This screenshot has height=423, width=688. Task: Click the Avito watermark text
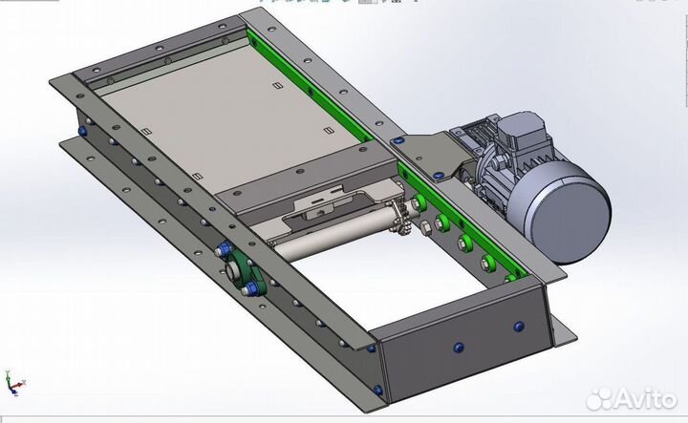pyautogui.click(x=645, y=398)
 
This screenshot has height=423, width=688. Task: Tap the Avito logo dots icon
pyautogui.click(x=599, y=398)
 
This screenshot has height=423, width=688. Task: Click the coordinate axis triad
pyautogui.click(x=14, y=384)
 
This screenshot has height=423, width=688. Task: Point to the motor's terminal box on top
pyautogui.click(x=520, y=129)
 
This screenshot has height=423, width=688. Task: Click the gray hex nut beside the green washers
pyautogui.click(x=425, y=227)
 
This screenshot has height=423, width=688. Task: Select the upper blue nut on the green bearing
pyautogui.click(x=223, y=249)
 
